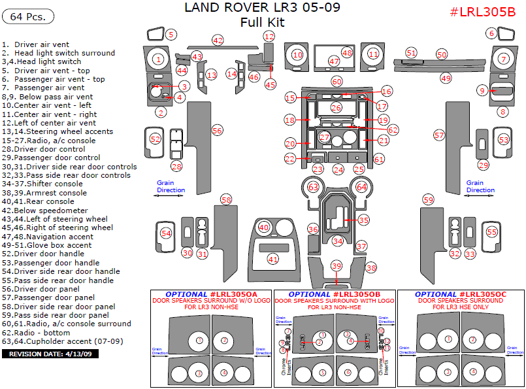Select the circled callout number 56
(217, 130)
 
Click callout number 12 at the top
(269, 37)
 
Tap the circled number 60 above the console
(337, 82)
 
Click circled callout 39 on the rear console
(337, 266)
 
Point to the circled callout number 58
(226, 199)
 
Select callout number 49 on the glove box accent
(446, 78)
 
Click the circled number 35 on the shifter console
(363, 220)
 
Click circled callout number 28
(176, 167)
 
